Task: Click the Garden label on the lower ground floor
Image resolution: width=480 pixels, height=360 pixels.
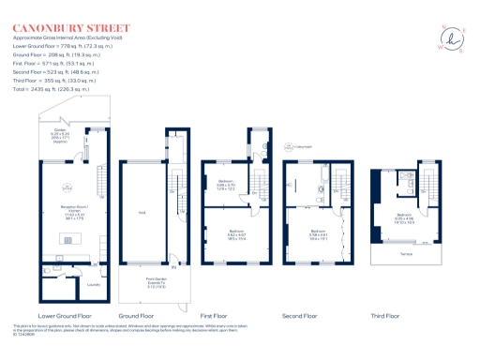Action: (72, 134)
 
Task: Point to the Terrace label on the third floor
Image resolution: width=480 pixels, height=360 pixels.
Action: (405, 252)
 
